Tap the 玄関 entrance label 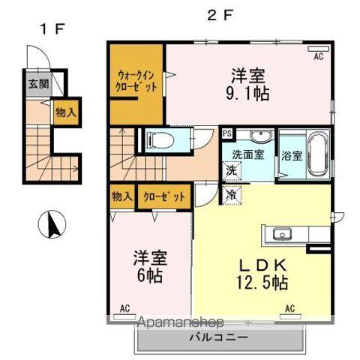pyautogui.click(x=38, y=84)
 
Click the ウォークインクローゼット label pyautogui.click(x=136, y=81)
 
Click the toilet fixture pyautogui.click(x=159, y=139)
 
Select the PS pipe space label pyautogui.click(x=227, y=133)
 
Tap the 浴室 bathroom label pyautogui.click(x=292, y=157)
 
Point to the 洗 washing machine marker pyautogui.click(x=232, y=169)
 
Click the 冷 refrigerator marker pyautogui.click(x=231, y=193)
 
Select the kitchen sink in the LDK pyautogui.click(x=284, y=232)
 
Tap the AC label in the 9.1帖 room pyautogui.click(x=317, y=56)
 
